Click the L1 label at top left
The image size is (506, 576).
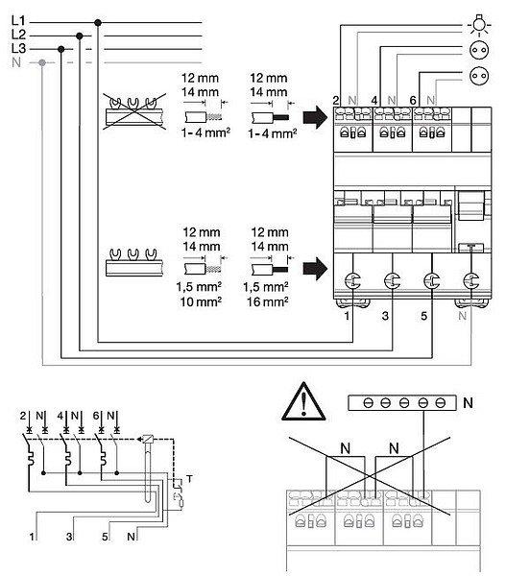click(x=18, y=21)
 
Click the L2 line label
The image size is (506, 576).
click(x=19, y=35)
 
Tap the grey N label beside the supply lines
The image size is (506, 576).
click(x=16, y=62)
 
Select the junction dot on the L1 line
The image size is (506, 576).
click(x=98, y=23)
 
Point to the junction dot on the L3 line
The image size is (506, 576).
click(x=61, y=49)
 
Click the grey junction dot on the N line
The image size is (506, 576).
click(x=42, y=62)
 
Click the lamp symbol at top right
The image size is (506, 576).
click(x=479, y=25)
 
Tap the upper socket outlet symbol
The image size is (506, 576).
click(x=479, y=50)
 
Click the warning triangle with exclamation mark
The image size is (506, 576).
click(x=303, y=402)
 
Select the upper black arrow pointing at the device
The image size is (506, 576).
click(x=315, y=117)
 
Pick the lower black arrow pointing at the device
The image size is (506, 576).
click(x=315, y=269)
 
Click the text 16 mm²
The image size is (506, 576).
click(x=268, y=302)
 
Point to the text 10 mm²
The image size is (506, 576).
click(x=201, y=302)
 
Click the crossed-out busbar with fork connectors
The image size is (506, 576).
click(x=134, y=111)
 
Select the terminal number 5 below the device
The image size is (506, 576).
click(x=424, y=316)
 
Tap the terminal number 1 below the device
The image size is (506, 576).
click(x=347, y=316)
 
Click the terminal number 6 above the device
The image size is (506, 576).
click(x=413, y=100)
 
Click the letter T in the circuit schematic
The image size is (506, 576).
click(x=189, y=479)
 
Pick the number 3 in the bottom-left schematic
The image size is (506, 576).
click(x=69, y=537)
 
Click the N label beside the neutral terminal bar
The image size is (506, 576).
click(x=468, y=403)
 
